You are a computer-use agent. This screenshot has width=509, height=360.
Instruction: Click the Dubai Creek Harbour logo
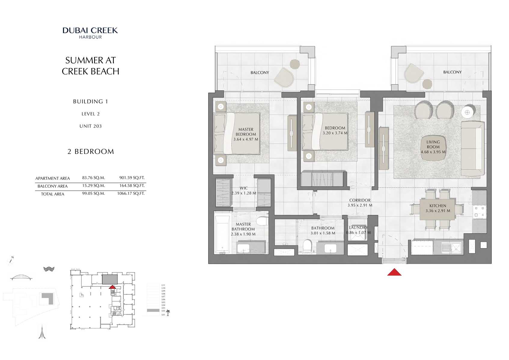90,33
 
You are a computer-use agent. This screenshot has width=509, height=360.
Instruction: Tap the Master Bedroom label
246,132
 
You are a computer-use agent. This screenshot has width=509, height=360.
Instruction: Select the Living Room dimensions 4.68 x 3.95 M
433,152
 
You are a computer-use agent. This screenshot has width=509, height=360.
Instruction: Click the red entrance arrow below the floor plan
394,272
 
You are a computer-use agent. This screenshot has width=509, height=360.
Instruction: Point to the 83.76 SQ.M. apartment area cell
93,178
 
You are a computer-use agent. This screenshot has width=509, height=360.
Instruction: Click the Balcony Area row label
53,186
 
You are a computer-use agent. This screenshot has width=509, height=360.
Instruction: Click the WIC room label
244,188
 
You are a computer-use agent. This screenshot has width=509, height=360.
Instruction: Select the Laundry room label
358,228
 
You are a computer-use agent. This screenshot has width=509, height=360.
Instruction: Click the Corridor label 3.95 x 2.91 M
360,203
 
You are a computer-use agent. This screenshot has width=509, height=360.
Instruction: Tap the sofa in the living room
472,148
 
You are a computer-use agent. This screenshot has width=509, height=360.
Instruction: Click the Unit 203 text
90,126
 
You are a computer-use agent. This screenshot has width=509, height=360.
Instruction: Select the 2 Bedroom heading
90,152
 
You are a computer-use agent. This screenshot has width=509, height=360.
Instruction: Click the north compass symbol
11,260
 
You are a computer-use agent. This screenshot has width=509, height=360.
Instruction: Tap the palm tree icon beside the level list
168,313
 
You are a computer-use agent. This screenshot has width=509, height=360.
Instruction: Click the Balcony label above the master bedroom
260,72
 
